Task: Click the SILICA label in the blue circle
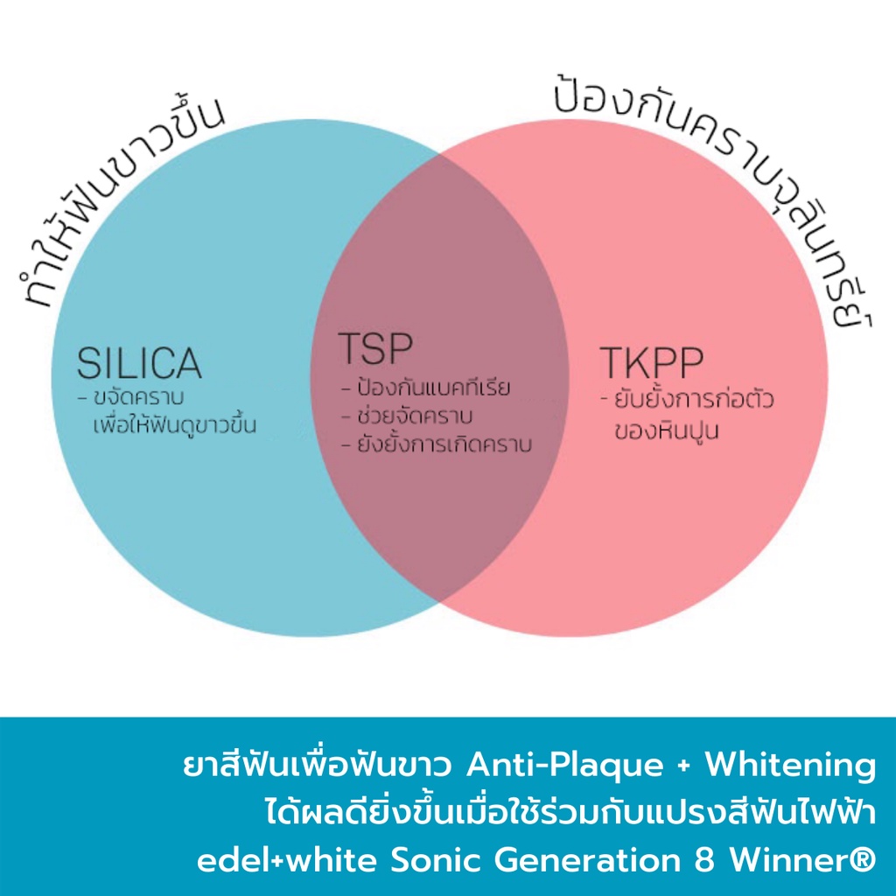pyautogui.click(x=139, y=363)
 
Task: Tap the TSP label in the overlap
pyautogui.click(x=375, y=348)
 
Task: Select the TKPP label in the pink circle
pyautogui.click(x=651, y=362)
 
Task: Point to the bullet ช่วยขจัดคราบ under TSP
pyautogui.click(x=415, y=416)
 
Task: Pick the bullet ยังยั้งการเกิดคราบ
pyautogui.click(x=444, y=444)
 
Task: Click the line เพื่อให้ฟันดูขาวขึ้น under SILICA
pyautogui.click(x=174, y=424)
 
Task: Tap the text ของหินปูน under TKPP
pyautogui.click(x=666, y=430)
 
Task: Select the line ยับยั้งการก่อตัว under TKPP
pyautogui.click(x=694, y=399)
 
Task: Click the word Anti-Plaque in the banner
pyautogui.click(x=564, y=766)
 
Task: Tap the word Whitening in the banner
pyautogui.click(x=790, y=766)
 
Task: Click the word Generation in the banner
pyautogui.click(x=588, y=861)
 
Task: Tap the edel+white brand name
pyautogui.click(x=287, y=861)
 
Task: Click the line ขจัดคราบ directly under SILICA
pyautogui.click(x=137, y=397)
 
